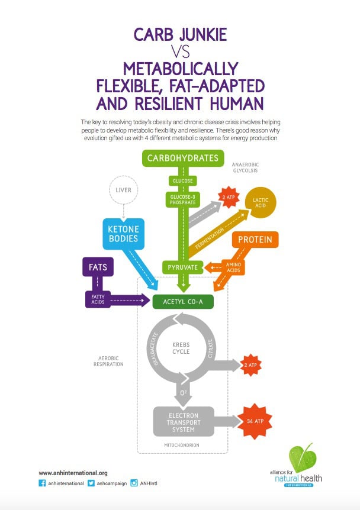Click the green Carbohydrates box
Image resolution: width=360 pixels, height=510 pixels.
point(182,158)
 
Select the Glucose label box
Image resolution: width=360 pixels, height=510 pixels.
point(182,181)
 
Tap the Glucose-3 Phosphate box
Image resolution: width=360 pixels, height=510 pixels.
point(182,199)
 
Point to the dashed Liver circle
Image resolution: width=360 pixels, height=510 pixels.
point(123,190)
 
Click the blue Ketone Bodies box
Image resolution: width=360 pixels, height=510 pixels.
point(123,234)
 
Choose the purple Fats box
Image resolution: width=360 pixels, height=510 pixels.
point(98,267)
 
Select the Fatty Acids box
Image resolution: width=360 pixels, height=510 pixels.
point(98,299)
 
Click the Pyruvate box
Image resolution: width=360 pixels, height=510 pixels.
point(182,267)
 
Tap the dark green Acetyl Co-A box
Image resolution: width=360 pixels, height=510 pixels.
point(183,302)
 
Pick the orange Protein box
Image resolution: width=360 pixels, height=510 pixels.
point(255,240)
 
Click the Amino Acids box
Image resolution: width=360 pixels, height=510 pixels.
point(233,267)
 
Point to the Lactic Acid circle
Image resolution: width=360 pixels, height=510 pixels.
point(261,202)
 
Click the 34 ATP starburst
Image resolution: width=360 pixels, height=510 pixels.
point(255,421)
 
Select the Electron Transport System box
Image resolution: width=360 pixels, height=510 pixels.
point(184,422)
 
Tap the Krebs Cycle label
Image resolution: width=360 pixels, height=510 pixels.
point(181,348)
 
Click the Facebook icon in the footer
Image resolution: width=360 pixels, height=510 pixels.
point(42,483)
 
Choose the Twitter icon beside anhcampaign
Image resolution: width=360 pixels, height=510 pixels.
point(91,483)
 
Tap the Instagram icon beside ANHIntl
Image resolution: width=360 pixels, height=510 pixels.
point(134,483)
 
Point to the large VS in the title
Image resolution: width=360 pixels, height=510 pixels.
point(181,51)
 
